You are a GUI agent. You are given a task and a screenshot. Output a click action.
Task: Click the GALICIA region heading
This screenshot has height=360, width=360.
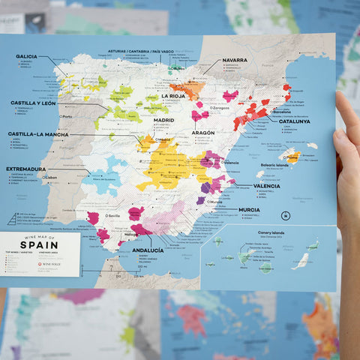point(26,56)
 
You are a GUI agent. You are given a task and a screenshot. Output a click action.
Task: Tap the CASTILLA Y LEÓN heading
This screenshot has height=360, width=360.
point(33,103)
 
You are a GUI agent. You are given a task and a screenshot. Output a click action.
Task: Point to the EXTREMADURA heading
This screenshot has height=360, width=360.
point(26,169)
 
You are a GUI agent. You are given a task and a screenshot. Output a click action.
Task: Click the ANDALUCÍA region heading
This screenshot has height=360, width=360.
point(148,250)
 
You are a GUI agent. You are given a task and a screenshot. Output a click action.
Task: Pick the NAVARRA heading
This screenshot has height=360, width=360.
point(235,60)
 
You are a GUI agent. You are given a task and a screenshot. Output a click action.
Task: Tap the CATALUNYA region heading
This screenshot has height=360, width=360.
point(294,121)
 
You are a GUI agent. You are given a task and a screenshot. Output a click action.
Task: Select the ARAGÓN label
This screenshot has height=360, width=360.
point(202,132)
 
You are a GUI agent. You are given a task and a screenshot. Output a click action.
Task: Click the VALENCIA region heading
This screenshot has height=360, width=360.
point(267,185)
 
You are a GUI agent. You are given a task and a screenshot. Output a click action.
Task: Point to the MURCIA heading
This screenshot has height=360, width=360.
point(249,210)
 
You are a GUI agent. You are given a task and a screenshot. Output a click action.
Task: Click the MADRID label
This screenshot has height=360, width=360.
point(163,119)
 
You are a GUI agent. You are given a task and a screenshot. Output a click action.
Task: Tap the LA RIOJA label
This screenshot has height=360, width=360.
point(175,96)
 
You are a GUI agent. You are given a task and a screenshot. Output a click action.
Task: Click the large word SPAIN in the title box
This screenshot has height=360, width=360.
point(39,245)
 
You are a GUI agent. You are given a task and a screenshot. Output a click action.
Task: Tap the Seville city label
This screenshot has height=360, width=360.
point(114,216)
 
